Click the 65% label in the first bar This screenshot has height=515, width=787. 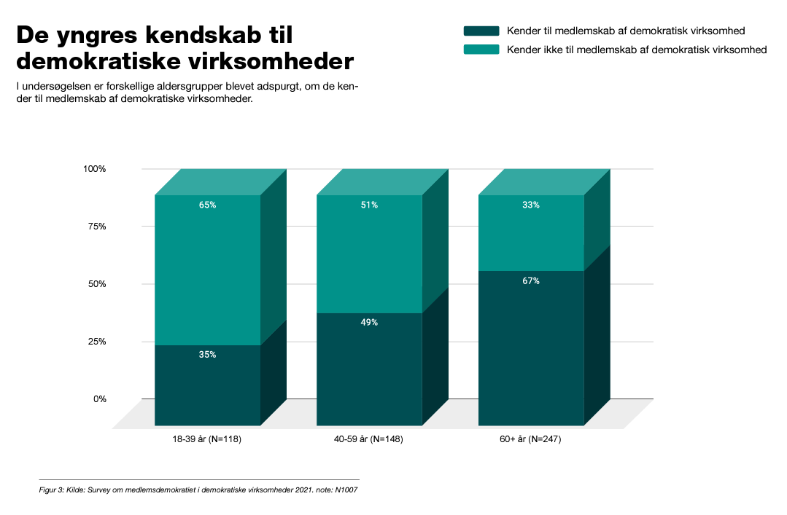point(207,205)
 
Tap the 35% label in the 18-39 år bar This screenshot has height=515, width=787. point(207,355)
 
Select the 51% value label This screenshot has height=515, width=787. point(369,205)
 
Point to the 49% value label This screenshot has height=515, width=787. point(369,323)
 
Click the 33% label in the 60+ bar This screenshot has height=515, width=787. point(531,205)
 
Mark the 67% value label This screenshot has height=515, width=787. point(531,280)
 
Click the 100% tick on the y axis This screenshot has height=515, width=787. point(94,169)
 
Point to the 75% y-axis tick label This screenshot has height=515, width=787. point(96,227)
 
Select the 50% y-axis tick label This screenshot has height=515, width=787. point(96,284)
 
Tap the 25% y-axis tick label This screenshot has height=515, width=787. point(96,342)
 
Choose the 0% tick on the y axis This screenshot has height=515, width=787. point(98,399)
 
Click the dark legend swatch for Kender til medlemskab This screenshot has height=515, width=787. point(481,31)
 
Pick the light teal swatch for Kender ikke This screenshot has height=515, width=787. point(481,50)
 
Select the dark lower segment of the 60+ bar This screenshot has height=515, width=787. point(531,350)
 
